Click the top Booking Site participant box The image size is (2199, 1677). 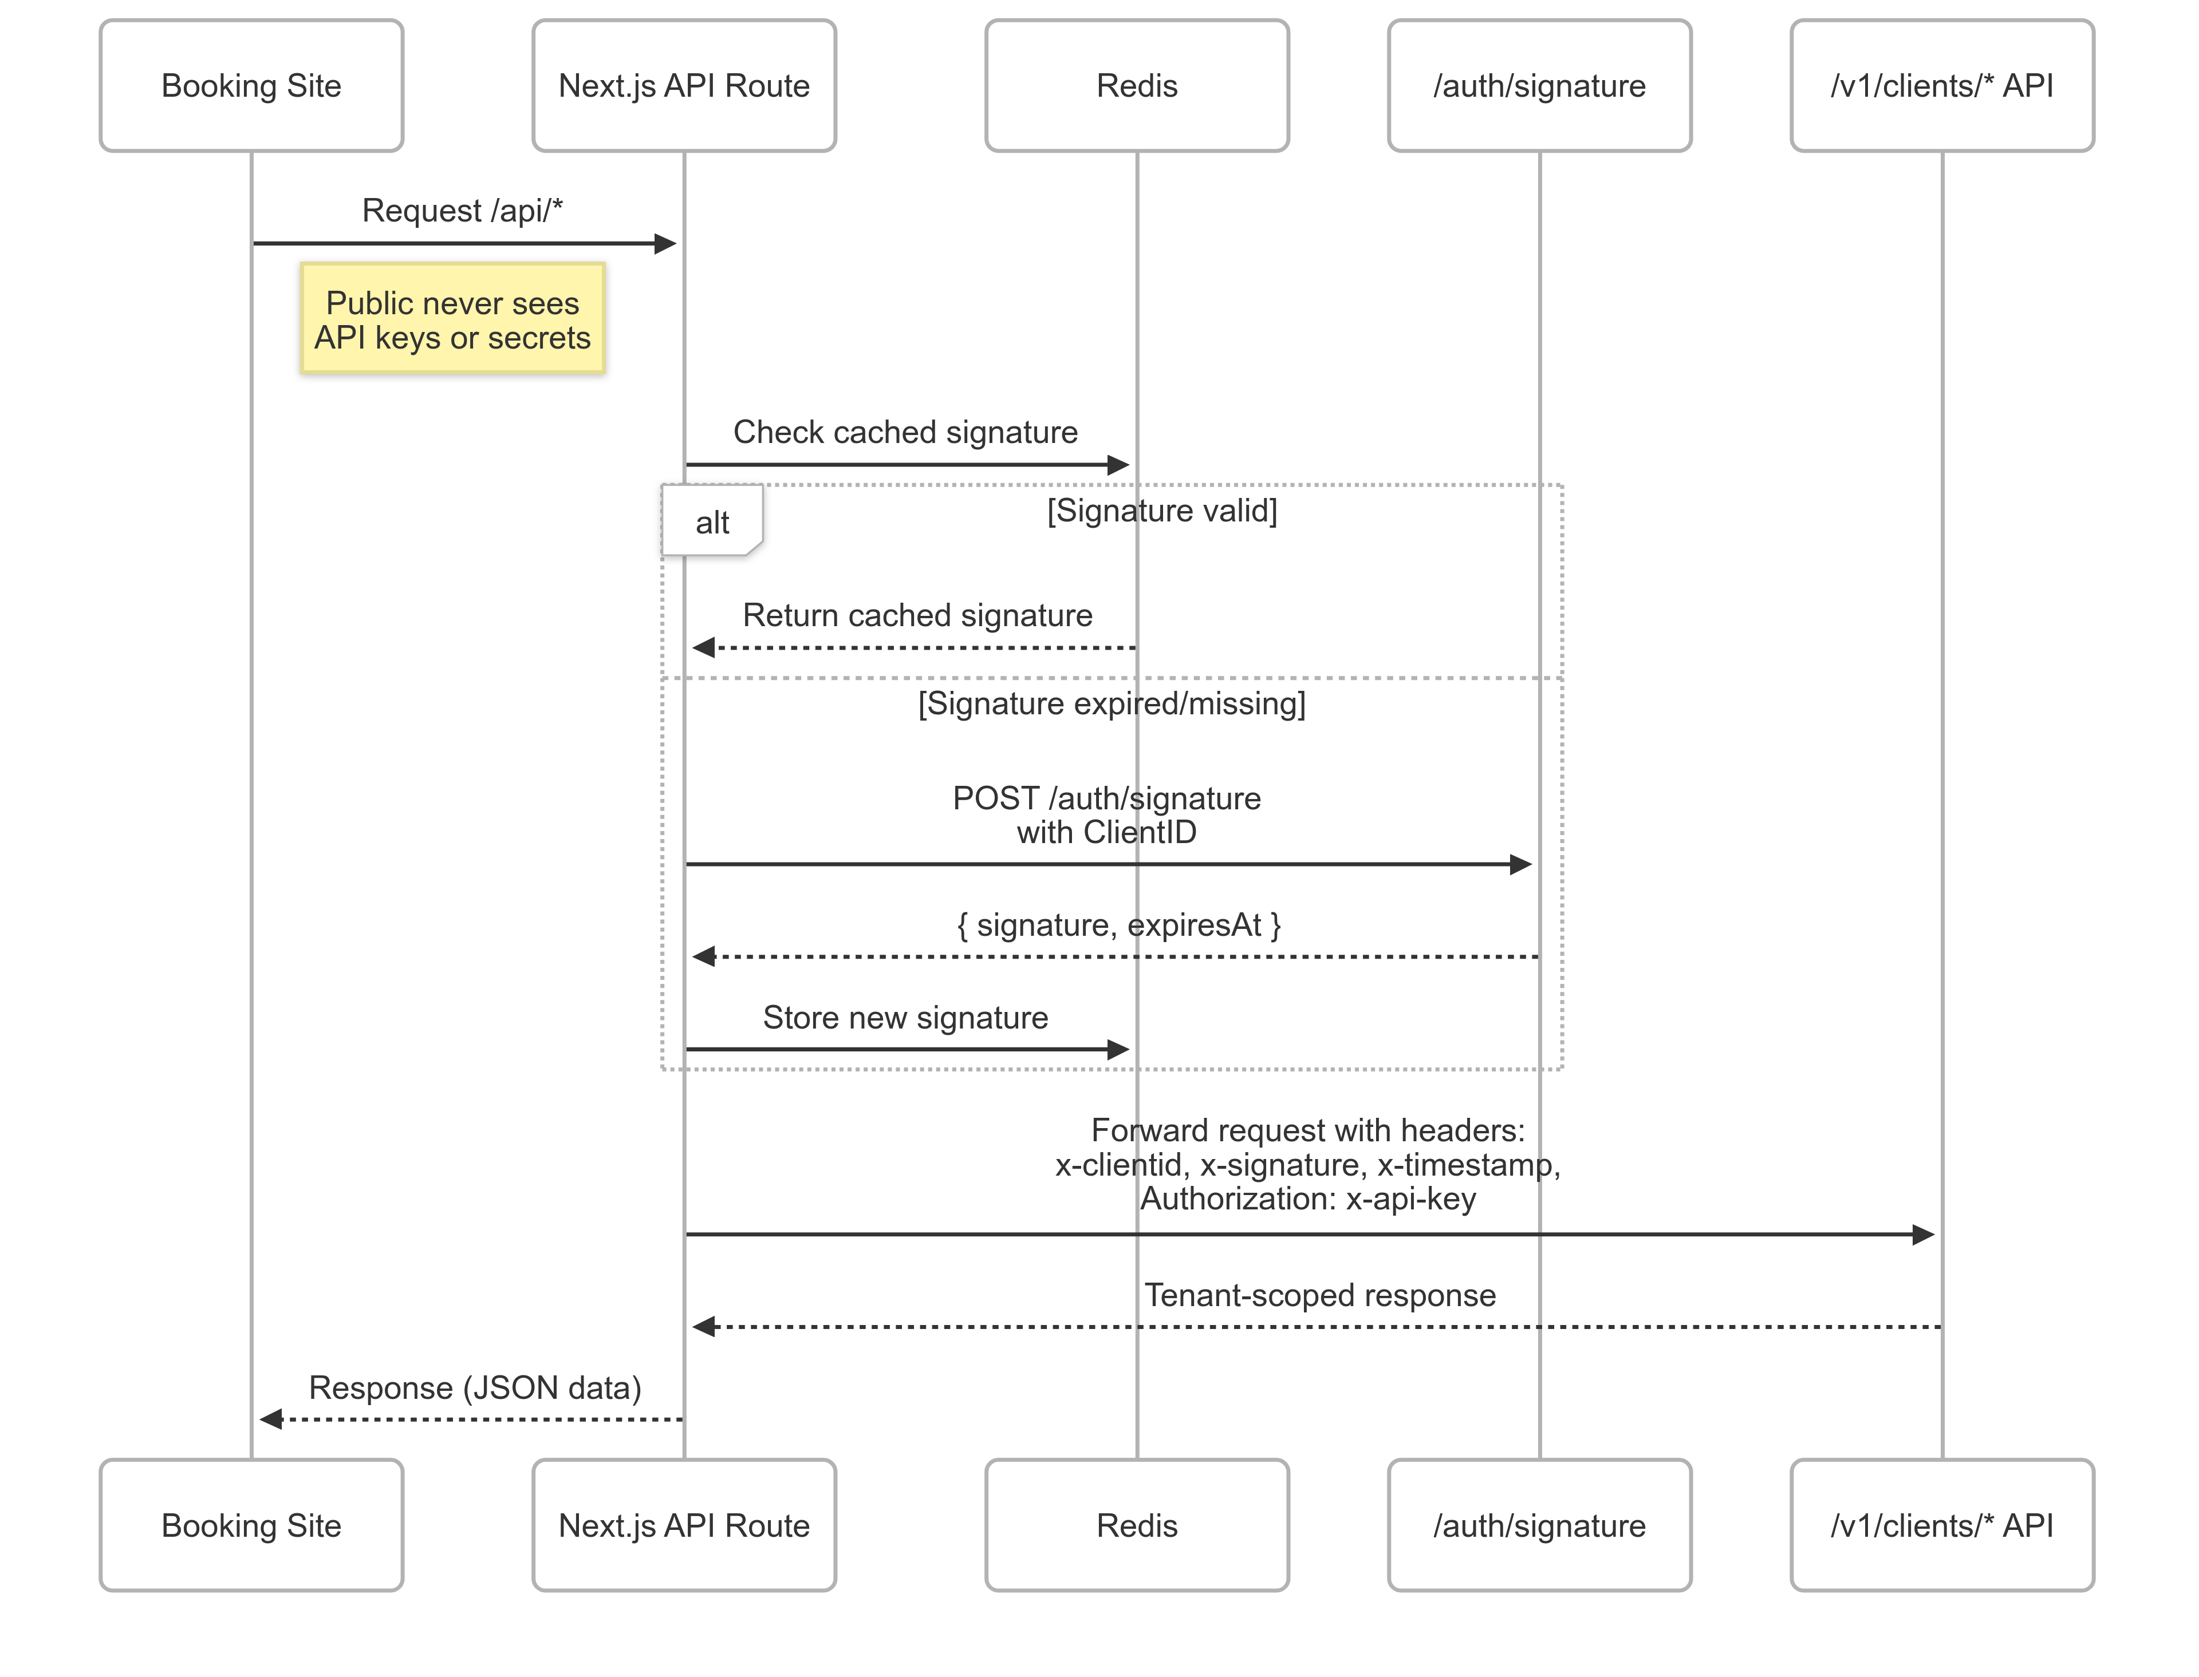(251, 86)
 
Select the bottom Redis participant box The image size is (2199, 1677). (1137, 1525)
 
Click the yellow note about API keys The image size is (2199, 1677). (452, 319)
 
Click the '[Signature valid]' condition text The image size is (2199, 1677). (1161, 510)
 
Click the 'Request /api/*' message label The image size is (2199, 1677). (462, 211)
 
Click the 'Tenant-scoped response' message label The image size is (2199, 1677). (1319, 1295)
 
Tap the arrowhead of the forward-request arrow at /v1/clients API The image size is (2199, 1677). (1924, 1235)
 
